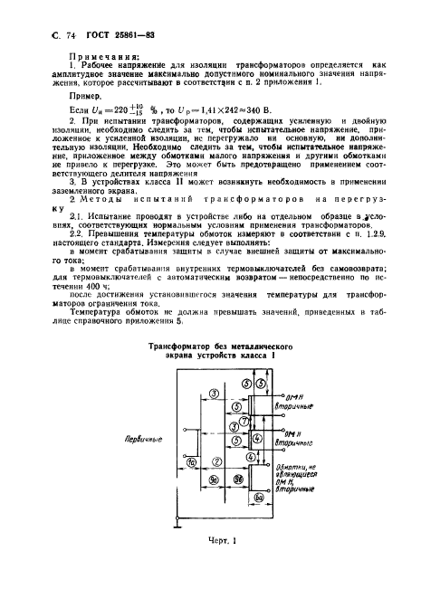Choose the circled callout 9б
point(238,479)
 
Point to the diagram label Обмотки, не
point(290,464)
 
